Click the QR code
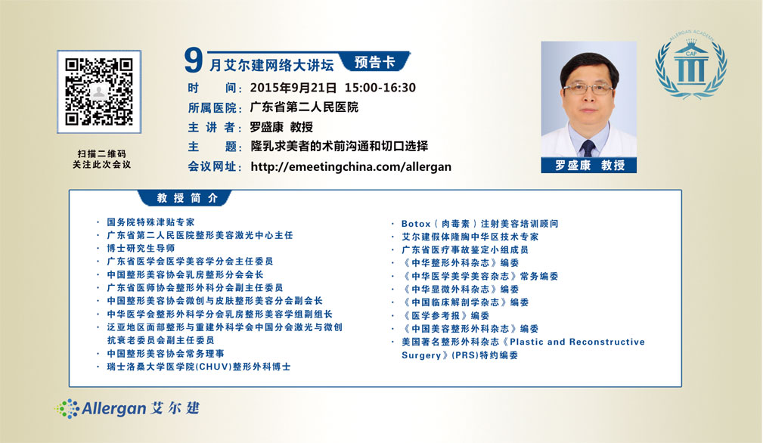(99, 92)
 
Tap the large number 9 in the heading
(193, 60)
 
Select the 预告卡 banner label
(374, 62)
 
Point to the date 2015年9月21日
(293, 88)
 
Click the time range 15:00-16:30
(380, 88)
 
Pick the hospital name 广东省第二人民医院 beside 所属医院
(304, 107)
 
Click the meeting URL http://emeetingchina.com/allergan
(351, 167)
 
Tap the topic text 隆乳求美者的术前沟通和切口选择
(340, 146)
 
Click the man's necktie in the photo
(588, 147)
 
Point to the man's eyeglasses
(588, 89)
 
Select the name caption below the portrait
(589, 166)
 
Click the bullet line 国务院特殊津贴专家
(150, 222)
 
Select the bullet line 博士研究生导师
(141, 248)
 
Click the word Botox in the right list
(416, 224)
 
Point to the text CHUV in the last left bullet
(213, 367)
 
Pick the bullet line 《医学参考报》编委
(445, 315)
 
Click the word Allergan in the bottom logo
(114, 408)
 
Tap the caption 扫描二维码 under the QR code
(101, 153)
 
